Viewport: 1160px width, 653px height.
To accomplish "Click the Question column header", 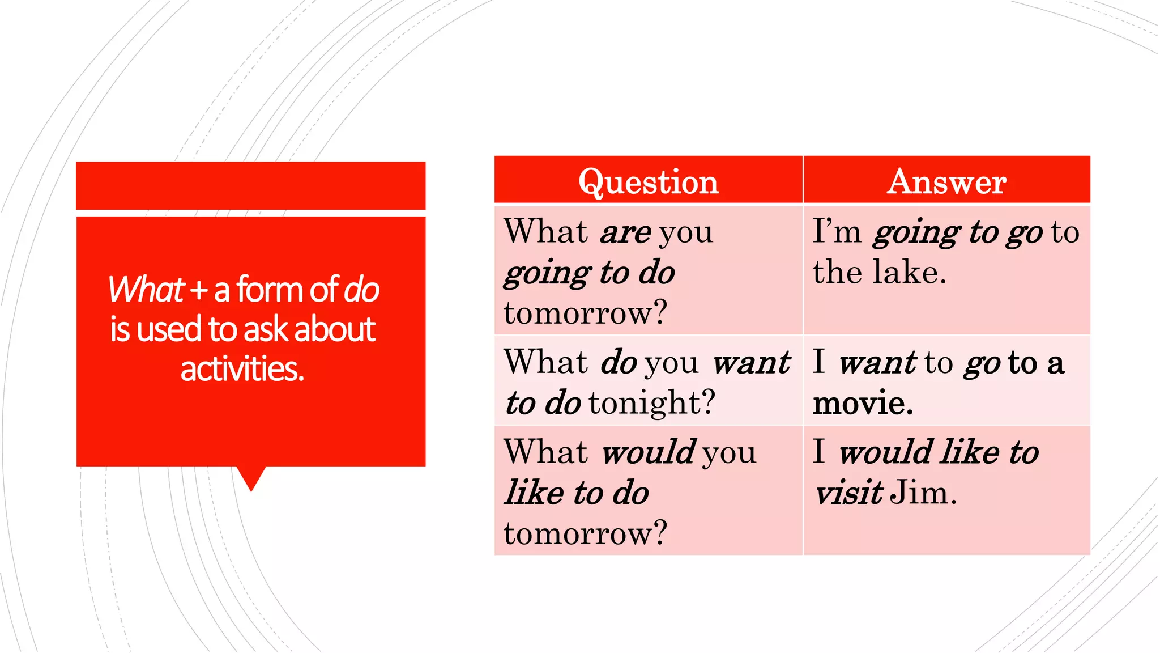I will click(x=648, y=182).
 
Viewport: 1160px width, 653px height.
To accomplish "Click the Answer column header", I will click(x=946, y=182).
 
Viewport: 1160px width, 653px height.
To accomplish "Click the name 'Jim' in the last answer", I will click(x=923, y=493).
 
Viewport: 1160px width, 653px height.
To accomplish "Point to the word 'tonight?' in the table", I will click(x=651, y=403).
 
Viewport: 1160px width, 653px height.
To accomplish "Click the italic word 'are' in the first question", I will click(x=625, y=232).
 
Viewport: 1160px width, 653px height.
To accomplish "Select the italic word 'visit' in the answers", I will click(x=848, y=493).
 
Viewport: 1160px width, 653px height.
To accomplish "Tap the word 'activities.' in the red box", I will click(x=242, y=369).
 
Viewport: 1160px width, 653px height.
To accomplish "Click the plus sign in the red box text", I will click(x=198, y=290).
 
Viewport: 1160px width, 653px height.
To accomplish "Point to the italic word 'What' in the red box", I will click(x=146, y=289).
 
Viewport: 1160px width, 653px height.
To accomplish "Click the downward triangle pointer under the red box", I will click(x=251, y=477).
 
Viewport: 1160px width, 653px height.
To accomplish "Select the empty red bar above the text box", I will click(x=250, y=185).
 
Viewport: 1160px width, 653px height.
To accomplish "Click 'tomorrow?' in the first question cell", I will click(x=585, y=313).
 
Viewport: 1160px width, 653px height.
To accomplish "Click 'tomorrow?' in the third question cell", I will click(x=585, y=533).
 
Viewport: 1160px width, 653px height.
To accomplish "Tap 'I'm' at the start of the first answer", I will click(x=837, y=232).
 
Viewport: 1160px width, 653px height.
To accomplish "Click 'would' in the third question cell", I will click(x=648, y=452).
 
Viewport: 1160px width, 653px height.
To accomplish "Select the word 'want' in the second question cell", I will click(x=751, y=362).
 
